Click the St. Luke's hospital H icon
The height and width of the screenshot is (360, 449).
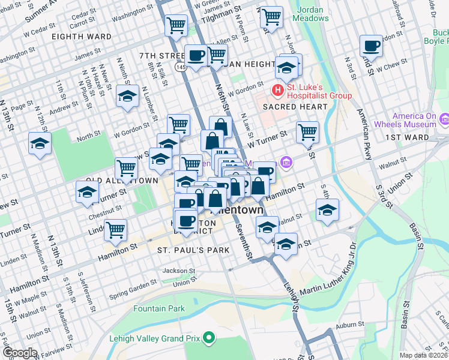(x=277, y=91)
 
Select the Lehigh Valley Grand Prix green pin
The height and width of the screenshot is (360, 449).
(x=209, y=338)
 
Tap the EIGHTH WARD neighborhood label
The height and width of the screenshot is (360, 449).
(x=82, y=37)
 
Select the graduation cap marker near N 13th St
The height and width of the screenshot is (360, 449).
(x=40, y=143)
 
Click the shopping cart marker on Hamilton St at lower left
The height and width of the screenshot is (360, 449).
(x=115, y=229)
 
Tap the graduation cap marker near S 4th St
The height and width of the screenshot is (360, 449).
(x=327, y=211)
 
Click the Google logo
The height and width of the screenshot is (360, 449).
(x=19, y=353)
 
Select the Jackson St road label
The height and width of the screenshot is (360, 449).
(x=179, y=271)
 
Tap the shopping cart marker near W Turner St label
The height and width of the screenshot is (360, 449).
(x=307, y=131)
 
